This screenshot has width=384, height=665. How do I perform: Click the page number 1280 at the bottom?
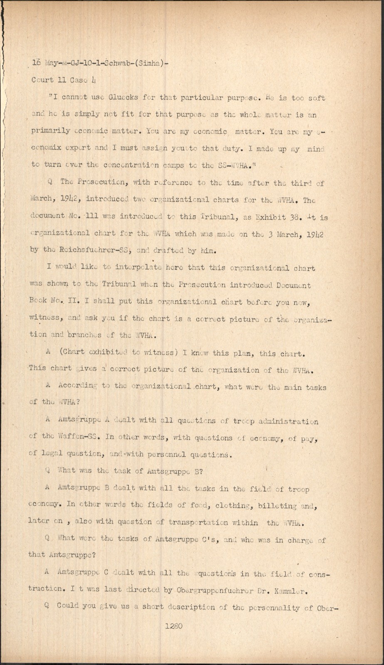pos(173,626)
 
